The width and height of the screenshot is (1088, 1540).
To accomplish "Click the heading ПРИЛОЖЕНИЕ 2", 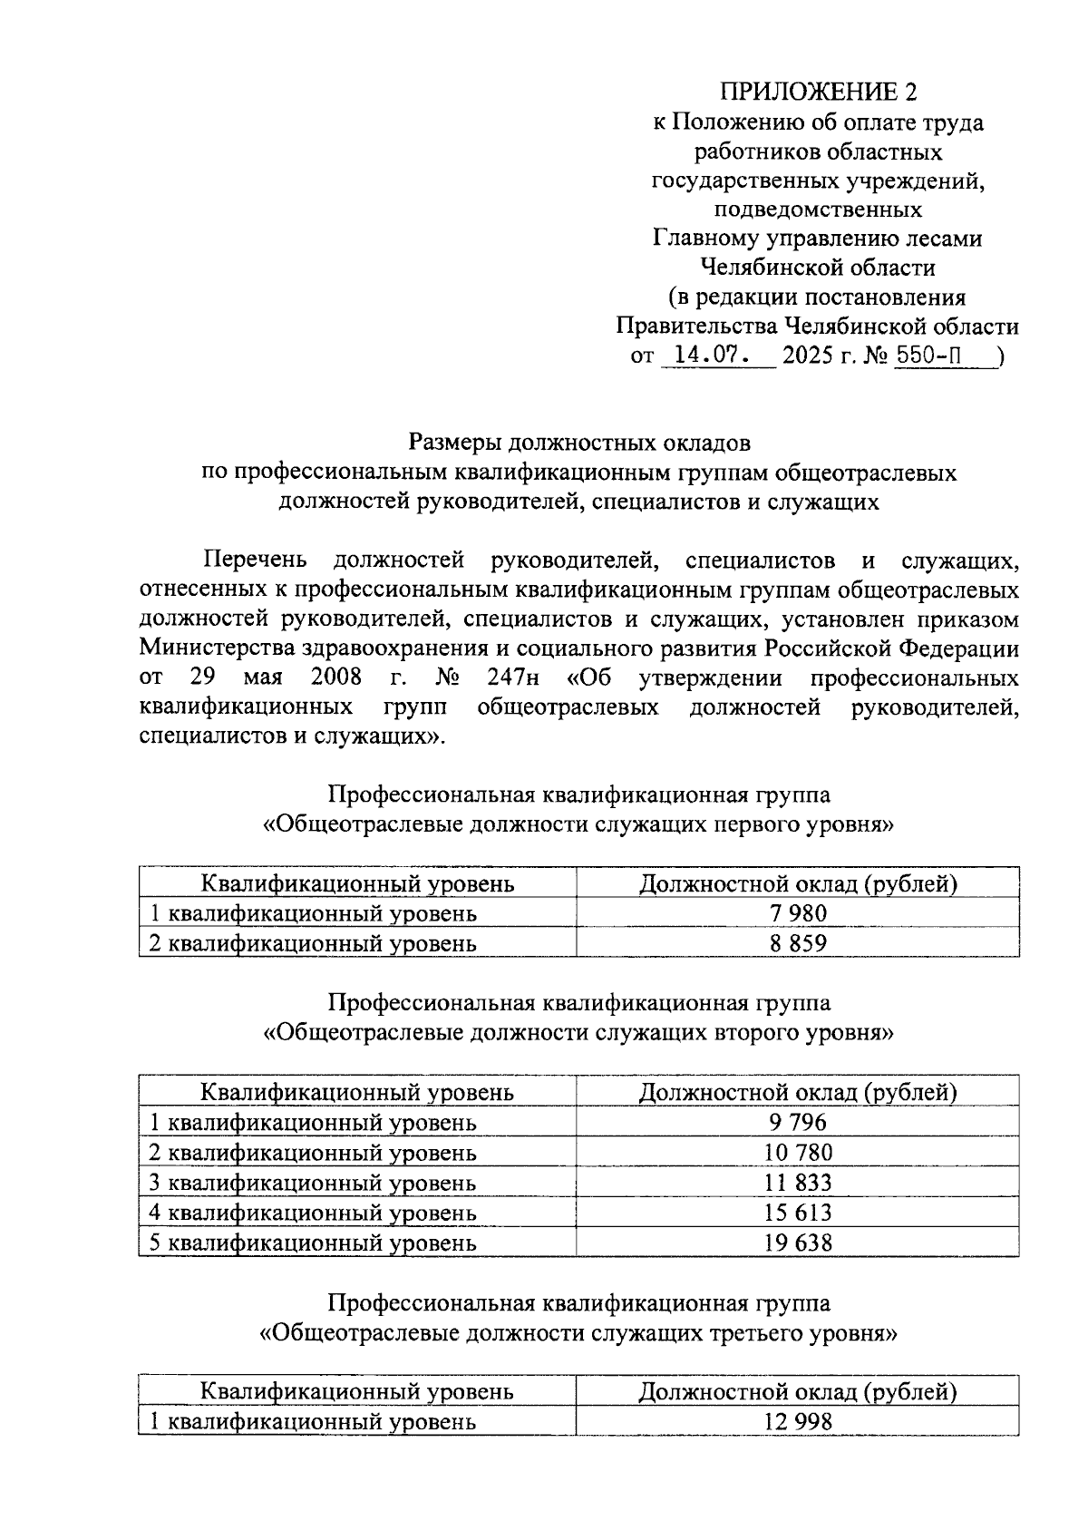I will coord(818,93).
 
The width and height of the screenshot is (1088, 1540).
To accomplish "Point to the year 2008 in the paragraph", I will coord(336,678).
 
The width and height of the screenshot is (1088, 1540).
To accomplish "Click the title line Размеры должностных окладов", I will coord(579,443).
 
